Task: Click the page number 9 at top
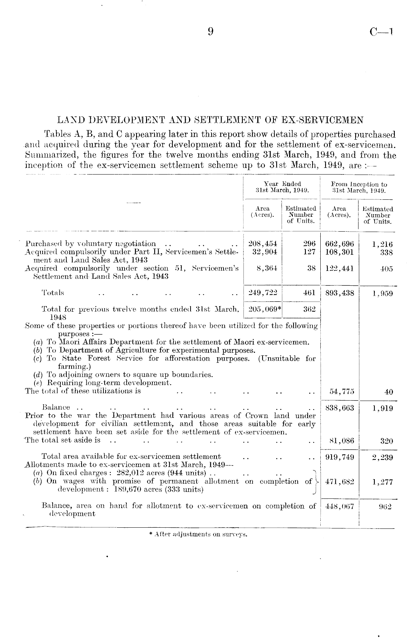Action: tap(210, 32)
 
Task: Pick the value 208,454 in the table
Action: tap(262, 244)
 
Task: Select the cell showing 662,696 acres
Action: tap(339, 244)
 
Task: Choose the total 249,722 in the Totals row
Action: tap(262, 293)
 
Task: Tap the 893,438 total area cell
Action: tap(339, 293)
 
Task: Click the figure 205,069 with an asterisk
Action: tap(263, 309)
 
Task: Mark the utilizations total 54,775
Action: tap(342, 392)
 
